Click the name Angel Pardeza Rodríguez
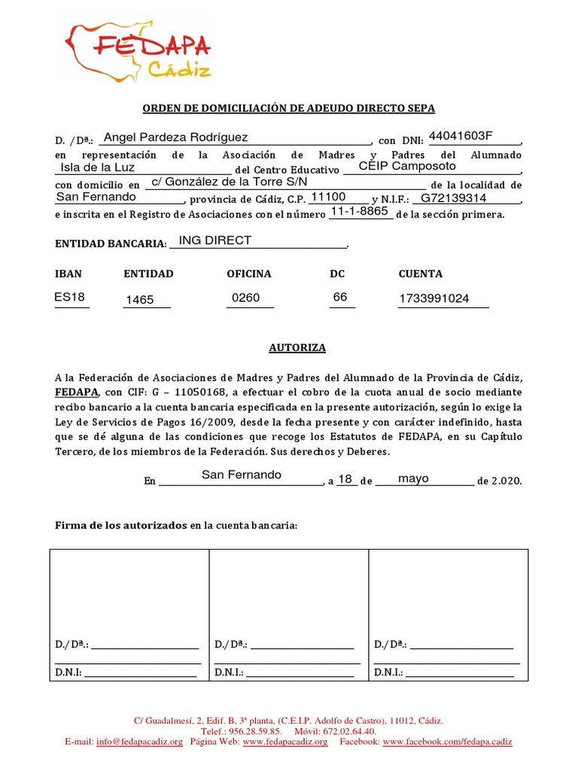point(175,137)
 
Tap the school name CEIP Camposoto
point(407,166)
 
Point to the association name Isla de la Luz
point(98,167)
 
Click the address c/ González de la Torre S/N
point(229,182)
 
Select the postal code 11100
point(328,197)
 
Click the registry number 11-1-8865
point(360,212)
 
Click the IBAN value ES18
point(70,297)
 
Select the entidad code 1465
point(139,300)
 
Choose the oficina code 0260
point(245,297)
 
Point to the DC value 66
point(340,297)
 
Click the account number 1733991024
point(434,298)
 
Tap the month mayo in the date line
point(413,478)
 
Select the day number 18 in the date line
point(345,479)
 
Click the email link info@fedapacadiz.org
point(139,742)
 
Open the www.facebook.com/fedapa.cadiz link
point(447,742)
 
